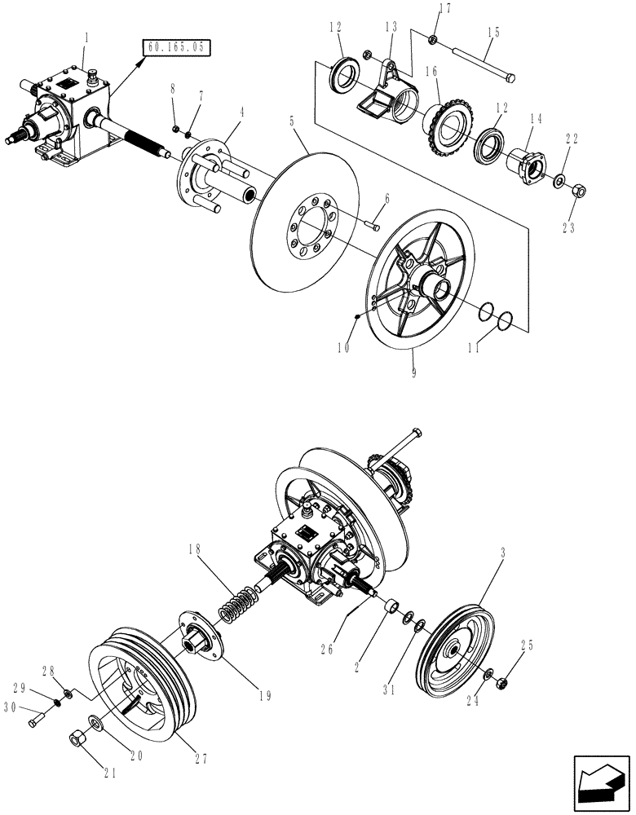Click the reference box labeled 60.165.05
coord(175,48)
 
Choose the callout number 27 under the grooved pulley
coord(201,758)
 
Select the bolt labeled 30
coord(36,721)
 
